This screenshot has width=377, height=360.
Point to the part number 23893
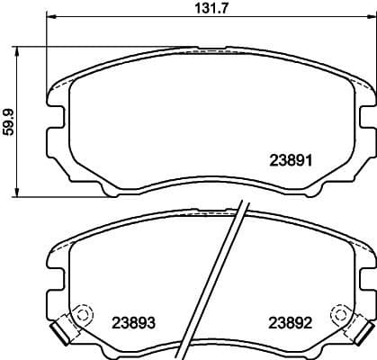click(132, 321)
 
